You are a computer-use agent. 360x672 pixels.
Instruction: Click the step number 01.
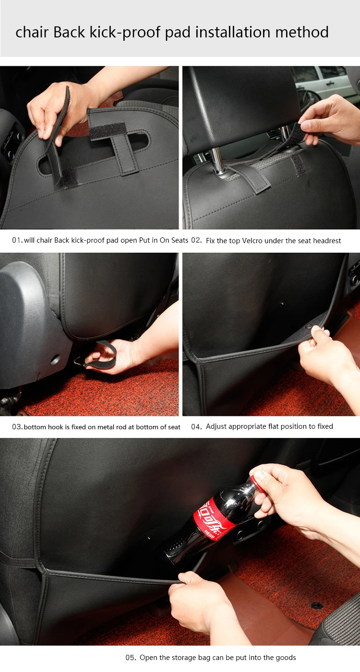click(x=17, y=240)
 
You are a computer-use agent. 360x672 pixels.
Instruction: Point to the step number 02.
click(x=196, y=240)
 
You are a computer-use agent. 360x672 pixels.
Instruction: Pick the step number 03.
click(x=17, y=427)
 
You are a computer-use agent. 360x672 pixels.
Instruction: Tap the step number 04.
click(x=196, y=426)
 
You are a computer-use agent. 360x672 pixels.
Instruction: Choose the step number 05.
click(x=131, y=649)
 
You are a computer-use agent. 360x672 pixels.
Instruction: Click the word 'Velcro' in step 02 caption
click(x=252, y=241)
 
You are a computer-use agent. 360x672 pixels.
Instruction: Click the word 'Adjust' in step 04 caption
click(x=216, y=426)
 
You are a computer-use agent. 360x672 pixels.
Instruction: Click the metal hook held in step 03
click(x=79, y=360)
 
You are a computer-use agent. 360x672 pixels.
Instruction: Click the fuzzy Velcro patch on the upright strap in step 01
click(x=108, y=131)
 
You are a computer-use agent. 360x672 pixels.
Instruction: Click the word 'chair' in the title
click(x=32, y=32)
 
